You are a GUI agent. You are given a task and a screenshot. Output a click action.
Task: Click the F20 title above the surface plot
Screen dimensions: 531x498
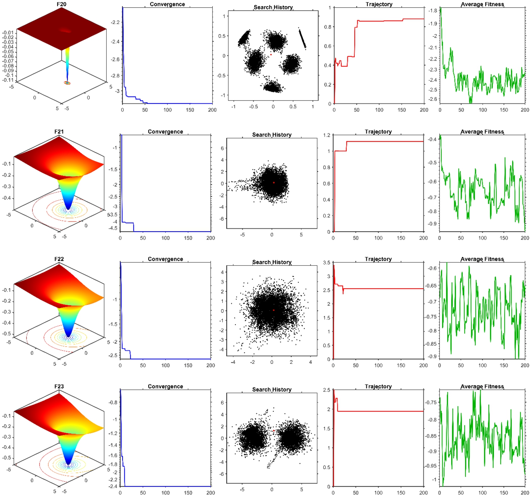pyautogui.click(x=62, y=4)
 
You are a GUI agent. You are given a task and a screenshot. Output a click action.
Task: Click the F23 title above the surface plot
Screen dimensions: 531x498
pyautogui.click(x=59, y=386)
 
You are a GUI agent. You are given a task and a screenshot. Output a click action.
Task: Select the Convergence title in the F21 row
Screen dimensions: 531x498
pyautogui.click(x=165, y=131)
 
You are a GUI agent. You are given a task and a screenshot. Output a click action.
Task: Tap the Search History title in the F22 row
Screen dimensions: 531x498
pyautogui.click(x=272, y=262)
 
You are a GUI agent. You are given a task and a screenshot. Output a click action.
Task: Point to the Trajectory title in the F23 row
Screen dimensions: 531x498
pyautogui.click(x=378, y=386)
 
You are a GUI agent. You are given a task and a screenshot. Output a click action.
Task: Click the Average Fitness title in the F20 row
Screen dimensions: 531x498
pyautogui.click(x=482, y=4)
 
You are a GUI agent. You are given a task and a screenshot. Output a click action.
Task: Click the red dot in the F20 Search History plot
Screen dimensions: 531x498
pyautogui.click(x=271, y=54)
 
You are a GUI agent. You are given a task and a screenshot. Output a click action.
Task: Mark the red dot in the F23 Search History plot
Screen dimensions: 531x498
pyautogui.click(x=273, y=430)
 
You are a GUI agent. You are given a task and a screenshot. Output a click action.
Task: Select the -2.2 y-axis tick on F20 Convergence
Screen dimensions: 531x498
pyautogui.click(x=115, y=22)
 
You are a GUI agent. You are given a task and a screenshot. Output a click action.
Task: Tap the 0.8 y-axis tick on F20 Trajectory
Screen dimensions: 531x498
pyautogui.click(x=328, y=27)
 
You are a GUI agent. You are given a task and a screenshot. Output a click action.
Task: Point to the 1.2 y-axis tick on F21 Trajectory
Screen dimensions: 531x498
pyautogui.click(x=327, y=135)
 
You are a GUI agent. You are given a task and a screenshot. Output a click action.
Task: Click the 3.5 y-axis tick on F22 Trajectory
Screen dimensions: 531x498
pyautogui.click(x=327, y=262)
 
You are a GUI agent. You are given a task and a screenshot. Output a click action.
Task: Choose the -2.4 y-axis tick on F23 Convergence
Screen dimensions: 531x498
pyautogui.click(x=114, y=486)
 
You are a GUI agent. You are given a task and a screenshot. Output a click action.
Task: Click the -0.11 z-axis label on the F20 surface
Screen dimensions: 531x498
pyautogui.click(x=8, y=80)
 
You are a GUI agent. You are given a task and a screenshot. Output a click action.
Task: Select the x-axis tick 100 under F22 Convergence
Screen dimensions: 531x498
pyautogui.click(x=165, y=365)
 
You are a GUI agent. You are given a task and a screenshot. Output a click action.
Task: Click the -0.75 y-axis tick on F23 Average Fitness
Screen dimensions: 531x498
pyautogui.click(x=431, y=402)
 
